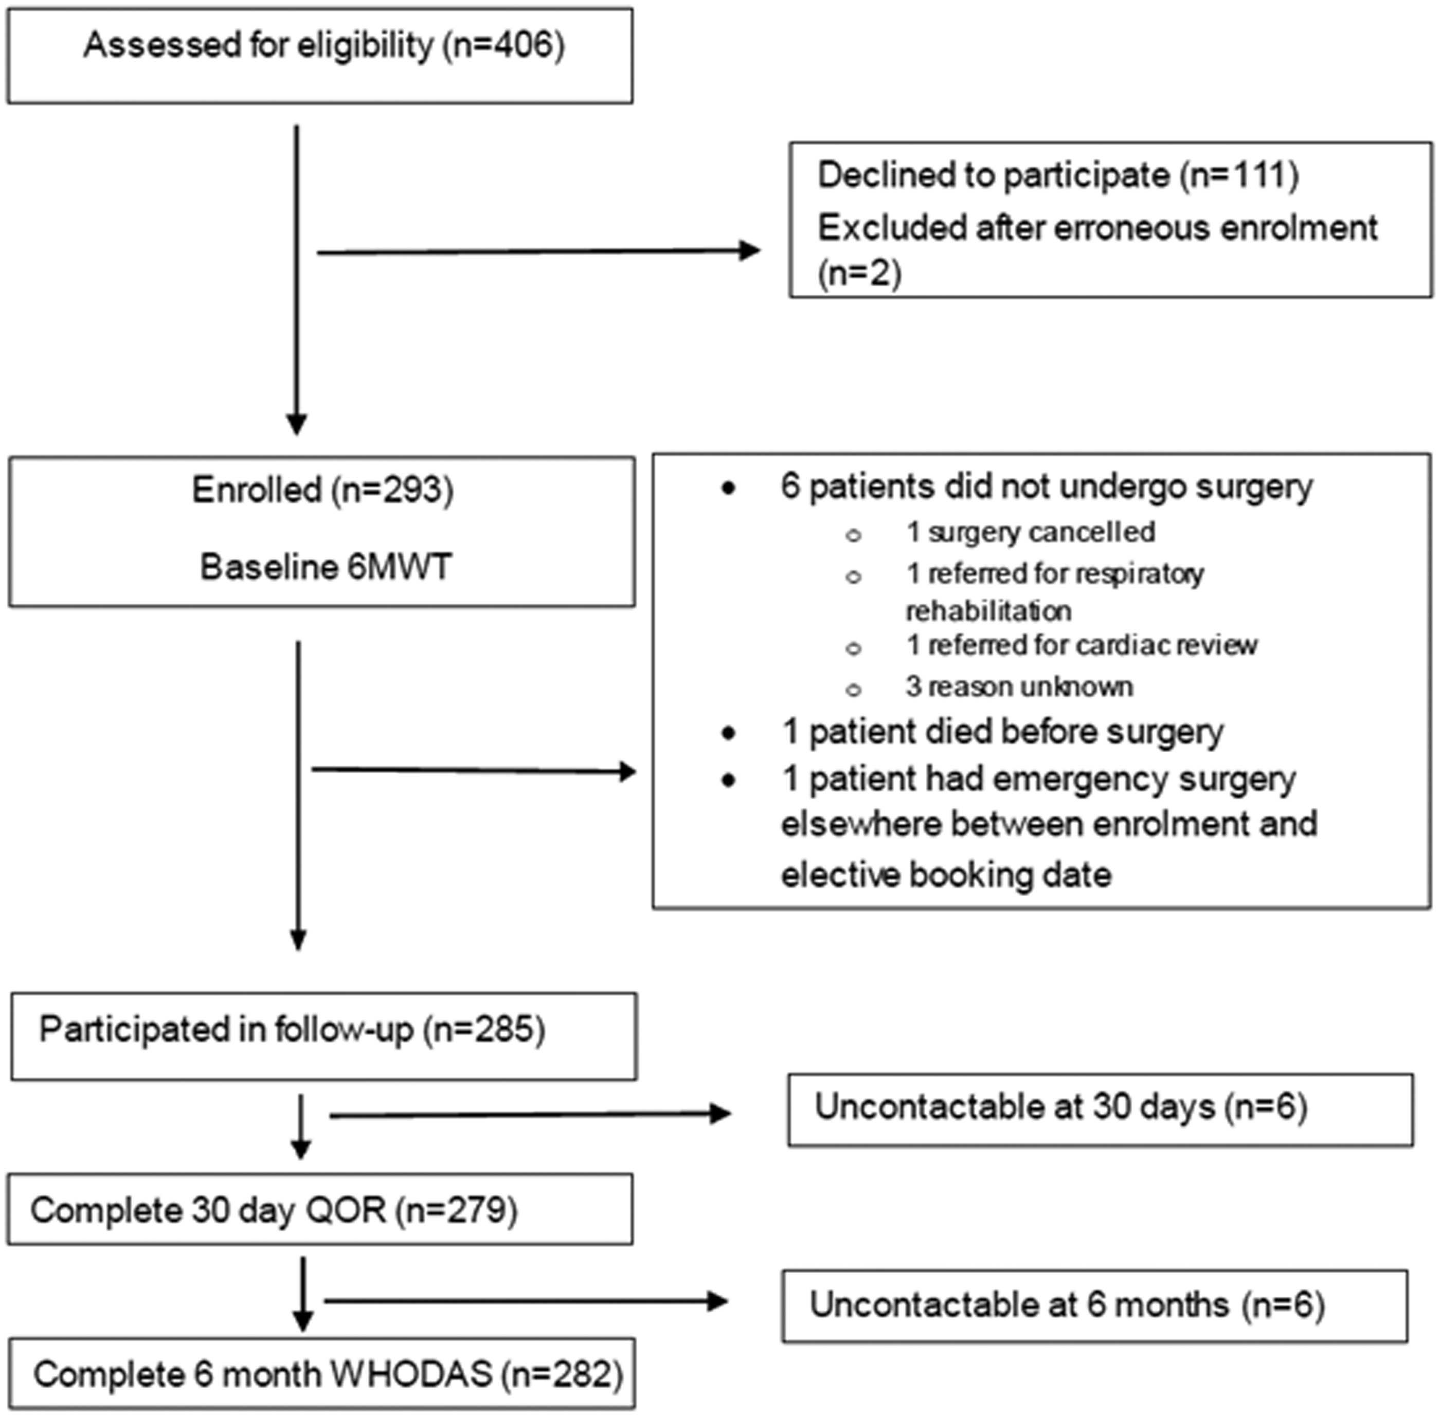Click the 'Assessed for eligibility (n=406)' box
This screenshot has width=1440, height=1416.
click(x=320, y=56)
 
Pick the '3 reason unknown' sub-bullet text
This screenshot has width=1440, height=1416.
click(x=1019, y=686)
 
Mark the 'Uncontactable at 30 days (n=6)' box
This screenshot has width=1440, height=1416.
click(x=1101, y=1111)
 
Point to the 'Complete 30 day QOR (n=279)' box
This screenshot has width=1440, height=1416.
click(x=320, y=1209)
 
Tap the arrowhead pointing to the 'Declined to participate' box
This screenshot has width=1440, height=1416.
click(x=750, y=250)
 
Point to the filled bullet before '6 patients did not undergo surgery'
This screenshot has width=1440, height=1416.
click(x=729, y=488)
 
